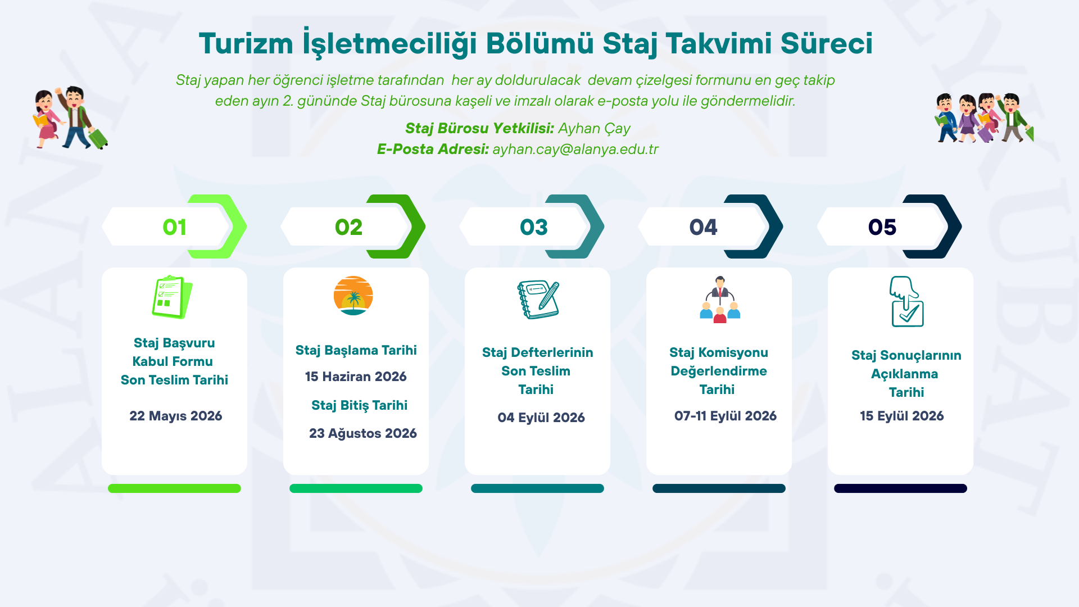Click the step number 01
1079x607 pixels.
pos(174,227)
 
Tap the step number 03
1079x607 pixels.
pos(533,227)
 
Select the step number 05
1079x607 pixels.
pos(882,227)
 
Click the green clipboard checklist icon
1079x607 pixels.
pos(172,297)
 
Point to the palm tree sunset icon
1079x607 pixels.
pos(353,296)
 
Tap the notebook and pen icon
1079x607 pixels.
pos(538,299)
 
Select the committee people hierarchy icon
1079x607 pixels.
pos(720,299)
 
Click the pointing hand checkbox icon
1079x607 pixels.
pos(906,301)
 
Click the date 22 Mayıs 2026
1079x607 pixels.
pos(176,416)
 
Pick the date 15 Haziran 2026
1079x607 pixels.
pos(356,377)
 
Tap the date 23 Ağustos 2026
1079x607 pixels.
pos(363,433)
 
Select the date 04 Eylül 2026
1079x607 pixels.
pos(541,418)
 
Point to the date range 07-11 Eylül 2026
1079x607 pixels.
pos(726,416)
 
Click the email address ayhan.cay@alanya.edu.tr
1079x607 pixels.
pos(575,149)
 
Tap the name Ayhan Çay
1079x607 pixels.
pos(594,129)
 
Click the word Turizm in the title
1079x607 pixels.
pos(246,43)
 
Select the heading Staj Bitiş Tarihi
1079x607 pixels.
pos(360,405)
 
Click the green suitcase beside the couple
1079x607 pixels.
pos(98,138)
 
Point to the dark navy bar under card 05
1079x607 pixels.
pos(900,488)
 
